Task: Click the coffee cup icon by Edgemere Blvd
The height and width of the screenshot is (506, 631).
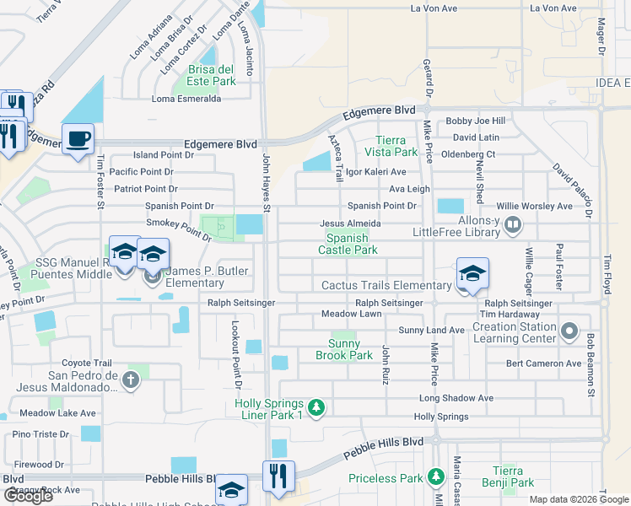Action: coord(78,138)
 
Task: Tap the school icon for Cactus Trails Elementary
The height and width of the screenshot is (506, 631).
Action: coord(472,273)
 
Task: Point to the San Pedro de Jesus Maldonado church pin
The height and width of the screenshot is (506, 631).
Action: coord(130,380)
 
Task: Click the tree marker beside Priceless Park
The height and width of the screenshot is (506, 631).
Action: coord(434,478)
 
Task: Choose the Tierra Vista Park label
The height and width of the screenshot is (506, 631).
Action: coord(391,146)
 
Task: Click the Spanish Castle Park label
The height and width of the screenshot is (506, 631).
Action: coord(347,244)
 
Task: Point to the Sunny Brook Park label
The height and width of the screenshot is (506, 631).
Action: coord(350,349)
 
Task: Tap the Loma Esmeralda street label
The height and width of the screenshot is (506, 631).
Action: coord(186,99)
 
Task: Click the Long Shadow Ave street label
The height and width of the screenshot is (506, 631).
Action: coord(456,398)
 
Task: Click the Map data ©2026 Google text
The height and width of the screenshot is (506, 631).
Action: coord(578,498)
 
